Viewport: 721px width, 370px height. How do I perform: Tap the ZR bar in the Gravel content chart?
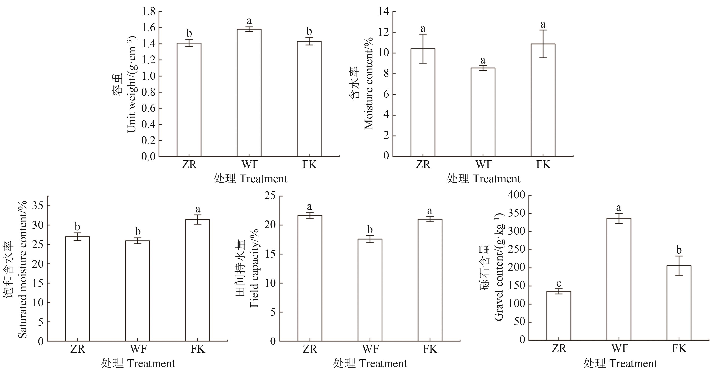558,316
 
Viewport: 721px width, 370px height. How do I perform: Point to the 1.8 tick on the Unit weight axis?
148,12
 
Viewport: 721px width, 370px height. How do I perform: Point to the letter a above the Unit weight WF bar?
249,21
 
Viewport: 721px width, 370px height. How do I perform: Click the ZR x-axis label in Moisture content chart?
423,164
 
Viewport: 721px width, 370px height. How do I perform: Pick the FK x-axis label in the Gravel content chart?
679,348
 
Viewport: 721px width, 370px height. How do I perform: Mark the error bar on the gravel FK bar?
679,265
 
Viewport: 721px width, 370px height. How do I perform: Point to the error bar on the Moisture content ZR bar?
423,48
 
